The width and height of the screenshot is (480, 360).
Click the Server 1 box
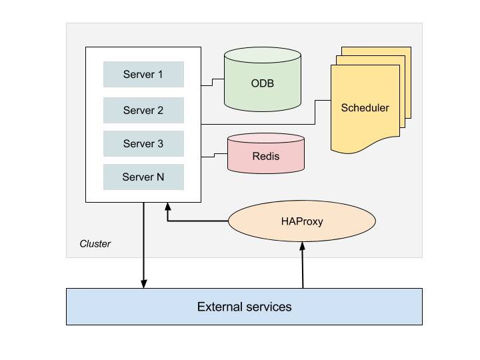pyautogui.click(x=143, y=74)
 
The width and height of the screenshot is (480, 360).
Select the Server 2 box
pyautogui.click(x=143, y=110)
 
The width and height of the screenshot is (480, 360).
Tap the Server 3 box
pyautogui.click(x=143, y=143)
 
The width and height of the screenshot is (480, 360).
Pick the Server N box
pyautogui.click(x=143, y=177)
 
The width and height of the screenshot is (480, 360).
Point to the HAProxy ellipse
pyautogui.click(x=302, y=221)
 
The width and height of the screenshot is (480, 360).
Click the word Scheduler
pyautogui.click(x=365, y=107)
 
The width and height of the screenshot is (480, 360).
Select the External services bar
pyautogui.click(x=244, y=307)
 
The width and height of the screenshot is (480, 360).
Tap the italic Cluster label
pyautogui.click(x=95, y=244)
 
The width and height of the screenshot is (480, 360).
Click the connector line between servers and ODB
pyautogui.click(x=213, y=83)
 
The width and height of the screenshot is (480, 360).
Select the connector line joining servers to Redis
pyautogui.click(x=213, y=155)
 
